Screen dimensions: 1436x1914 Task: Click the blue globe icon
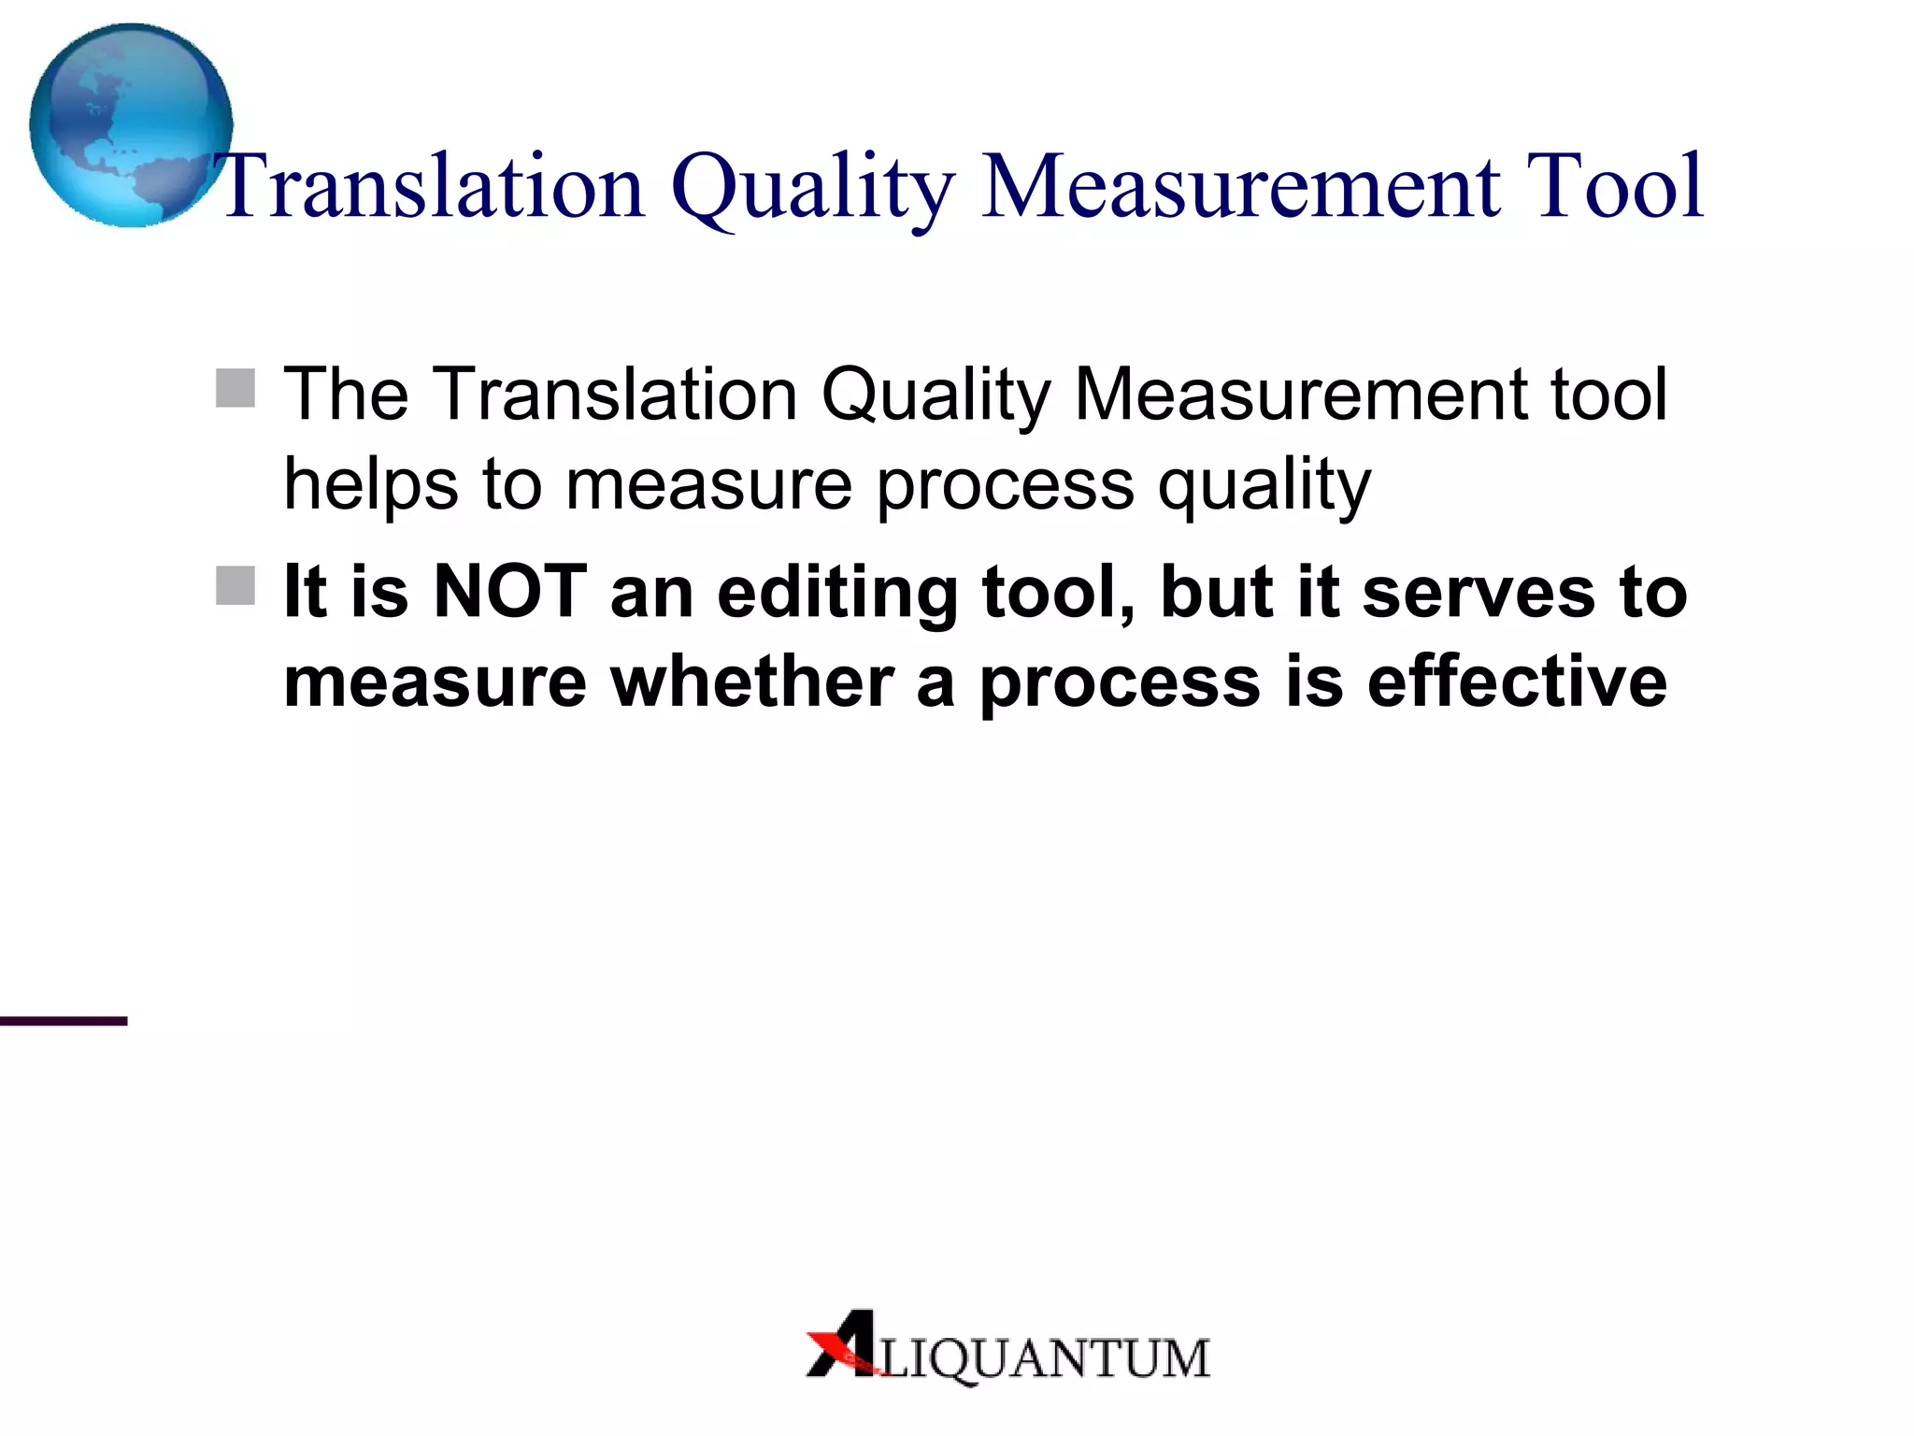[x=131, y=125]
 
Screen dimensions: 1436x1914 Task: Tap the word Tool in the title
[x=1614, y=187]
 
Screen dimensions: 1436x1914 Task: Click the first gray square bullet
[x=236, y=388]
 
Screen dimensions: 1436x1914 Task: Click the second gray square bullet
[x=236, y=585]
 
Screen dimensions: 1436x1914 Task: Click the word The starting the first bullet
[x=346, y=395]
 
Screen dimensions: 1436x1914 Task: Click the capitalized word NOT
[x=510, y=592]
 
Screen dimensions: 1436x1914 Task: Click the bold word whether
[x=752, y=682]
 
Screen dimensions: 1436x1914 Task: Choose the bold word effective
[x=1517, y=682]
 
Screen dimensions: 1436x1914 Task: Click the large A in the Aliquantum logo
[x=846, y=1344]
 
